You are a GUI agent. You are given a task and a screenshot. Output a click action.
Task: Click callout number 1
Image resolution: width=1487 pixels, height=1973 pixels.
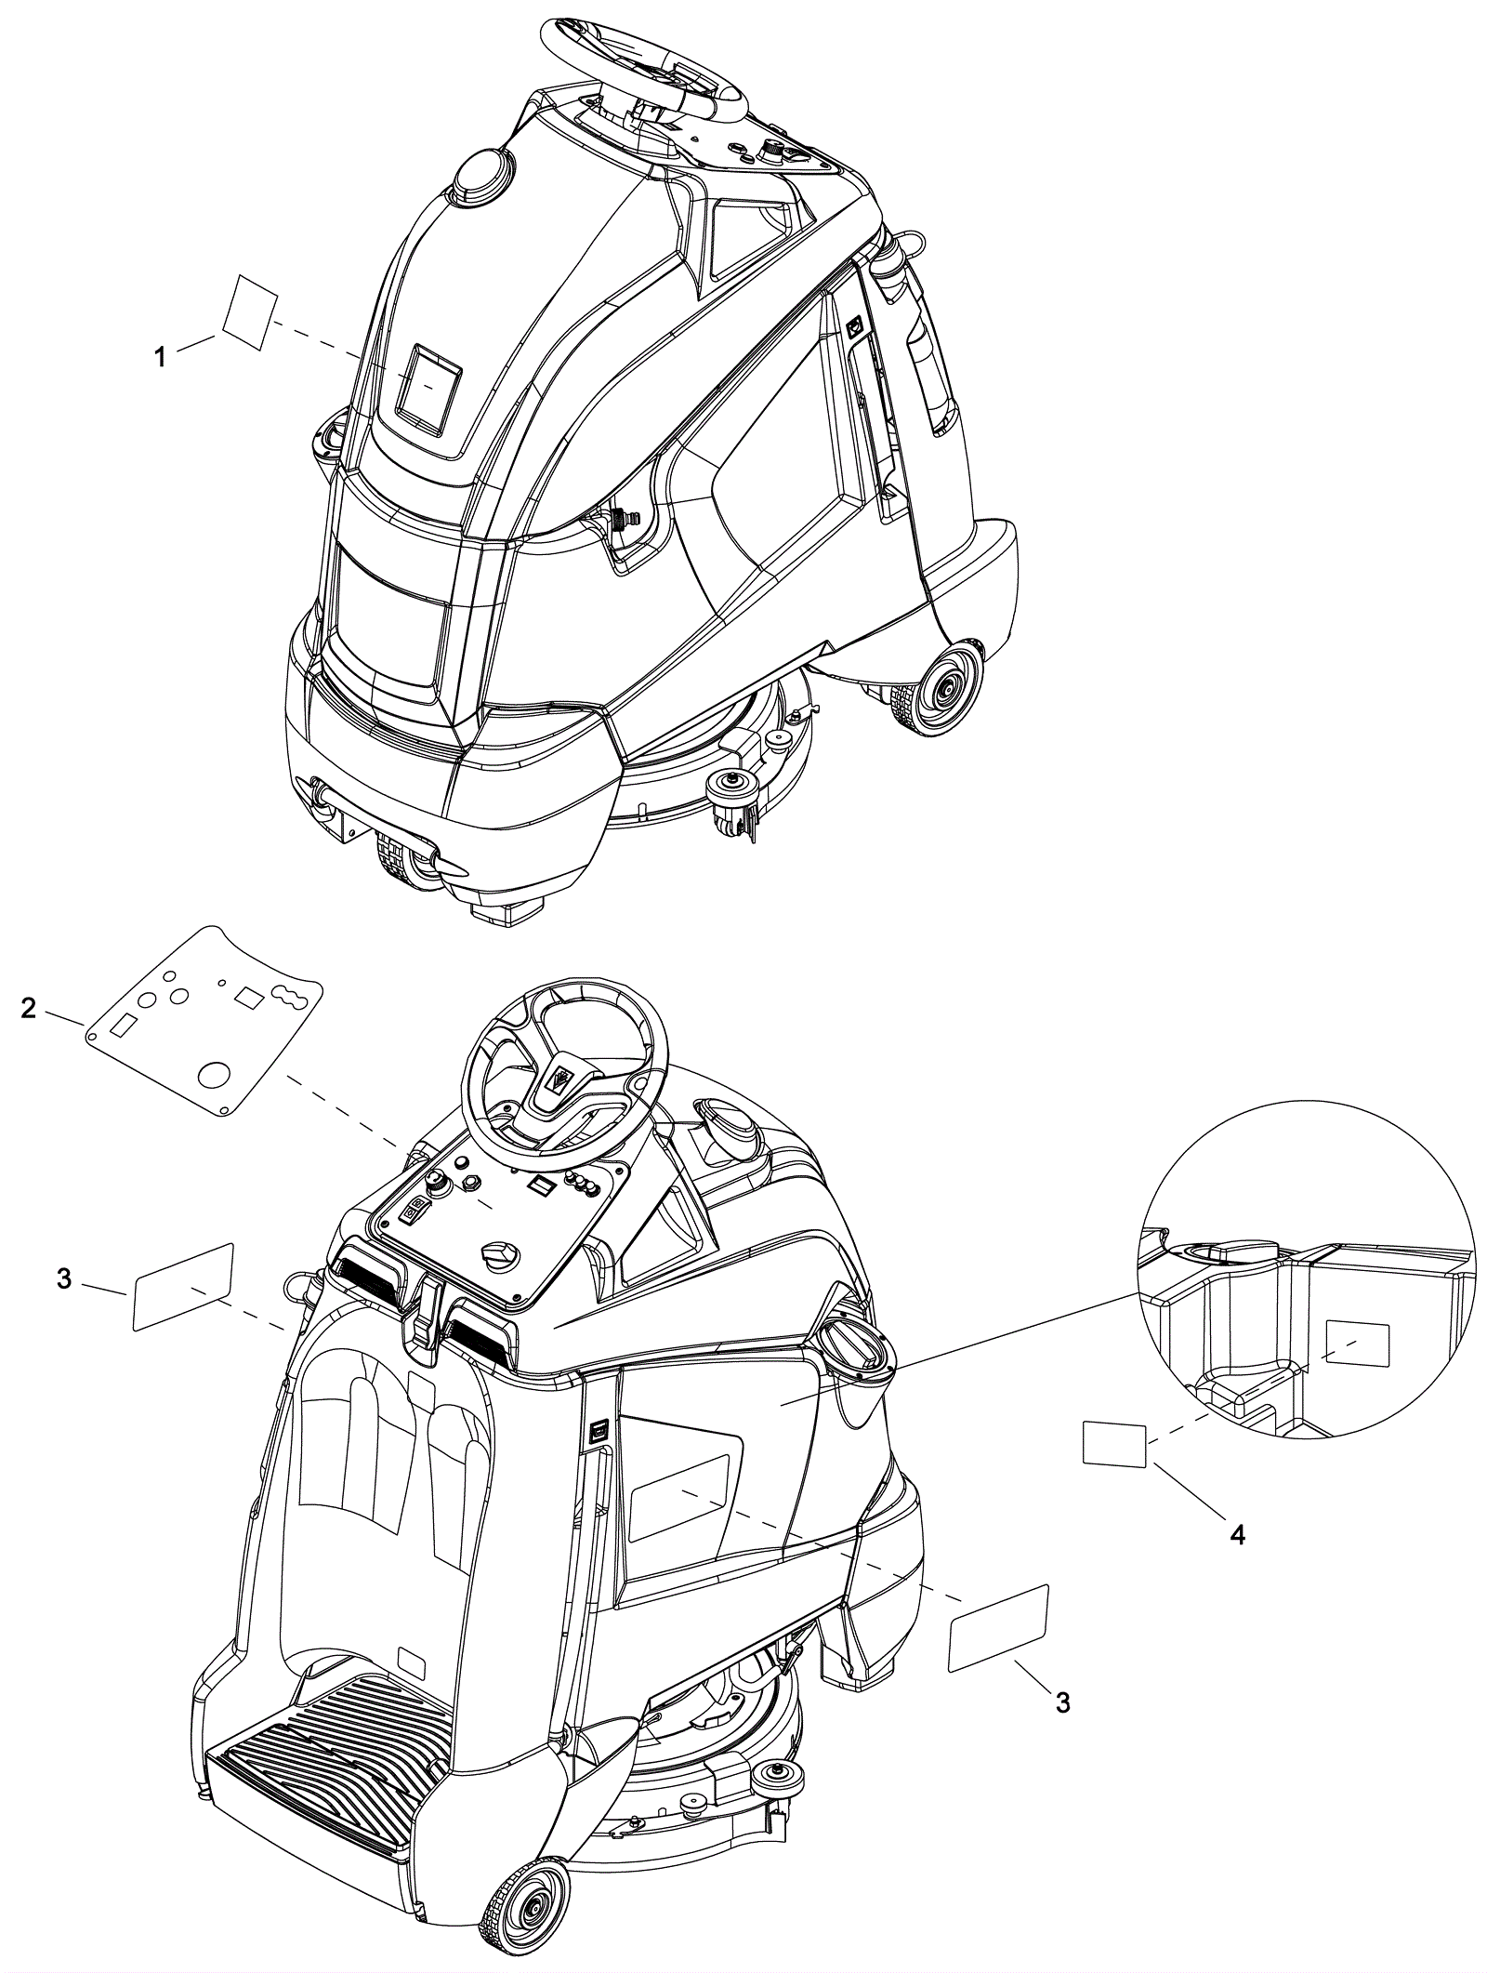(160, 356)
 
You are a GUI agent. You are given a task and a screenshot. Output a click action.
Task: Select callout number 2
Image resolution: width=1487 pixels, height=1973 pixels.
(30, 1007)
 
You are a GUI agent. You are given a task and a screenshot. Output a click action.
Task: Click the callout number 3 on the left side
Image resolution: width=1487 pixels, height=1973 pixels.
(63, 1278)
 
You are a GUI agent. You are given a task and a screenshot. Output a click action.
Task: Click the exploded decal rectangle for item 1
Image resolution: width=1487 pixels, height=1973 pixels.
(250, 312)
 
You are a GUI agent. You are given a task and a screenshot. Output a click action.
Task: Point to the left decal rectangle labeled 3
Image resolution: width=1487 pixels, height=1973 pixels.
(183, 1287)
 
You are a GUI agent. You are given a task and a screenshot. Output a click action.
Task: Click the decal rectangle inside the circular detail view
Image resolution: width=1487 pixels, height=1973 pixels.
(1357, 1344)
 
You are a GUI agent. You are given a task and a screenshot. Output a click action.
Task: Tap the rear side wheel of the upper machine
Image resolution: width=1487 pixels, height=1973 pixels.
(947, 689)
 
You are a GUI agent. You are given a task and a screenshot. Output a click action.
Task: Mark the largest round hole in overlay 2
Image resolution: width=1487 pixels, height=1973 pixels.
(216, 1075)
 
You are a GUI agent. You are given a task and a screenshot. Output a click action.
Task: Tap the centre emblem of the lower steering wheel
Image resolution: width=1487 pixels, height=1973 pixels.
(561, 1079)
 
